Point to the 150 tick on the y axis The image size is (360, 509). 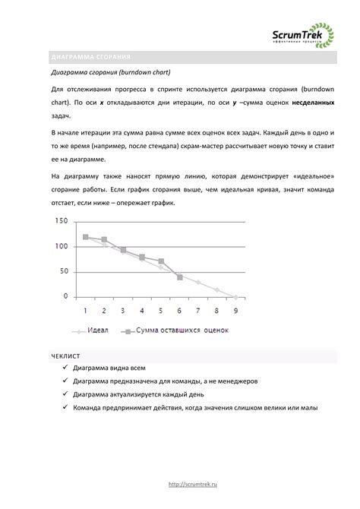tap(61, 221)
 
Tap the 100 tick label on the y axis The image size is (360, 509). tap(61, 246)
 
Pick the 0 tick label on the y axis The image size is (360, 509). tap(65, 296)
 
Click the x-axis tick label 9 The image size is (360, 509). tap(235, 311)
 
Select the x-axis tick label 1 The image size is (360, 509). tap(86, 311)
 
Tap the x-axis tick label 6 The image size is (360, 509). tap(179, 311)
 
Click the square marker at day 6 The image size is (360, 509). tap(179, 277)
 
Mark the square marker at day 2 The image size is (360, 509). tap(104, 239)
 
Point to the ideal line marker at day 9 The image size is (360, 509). tap(235, 296)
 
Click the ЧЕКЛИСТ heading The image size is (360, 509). tap(65, 355)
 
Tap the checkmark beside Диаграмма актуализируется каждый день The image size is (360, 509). tap(65, 395)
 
